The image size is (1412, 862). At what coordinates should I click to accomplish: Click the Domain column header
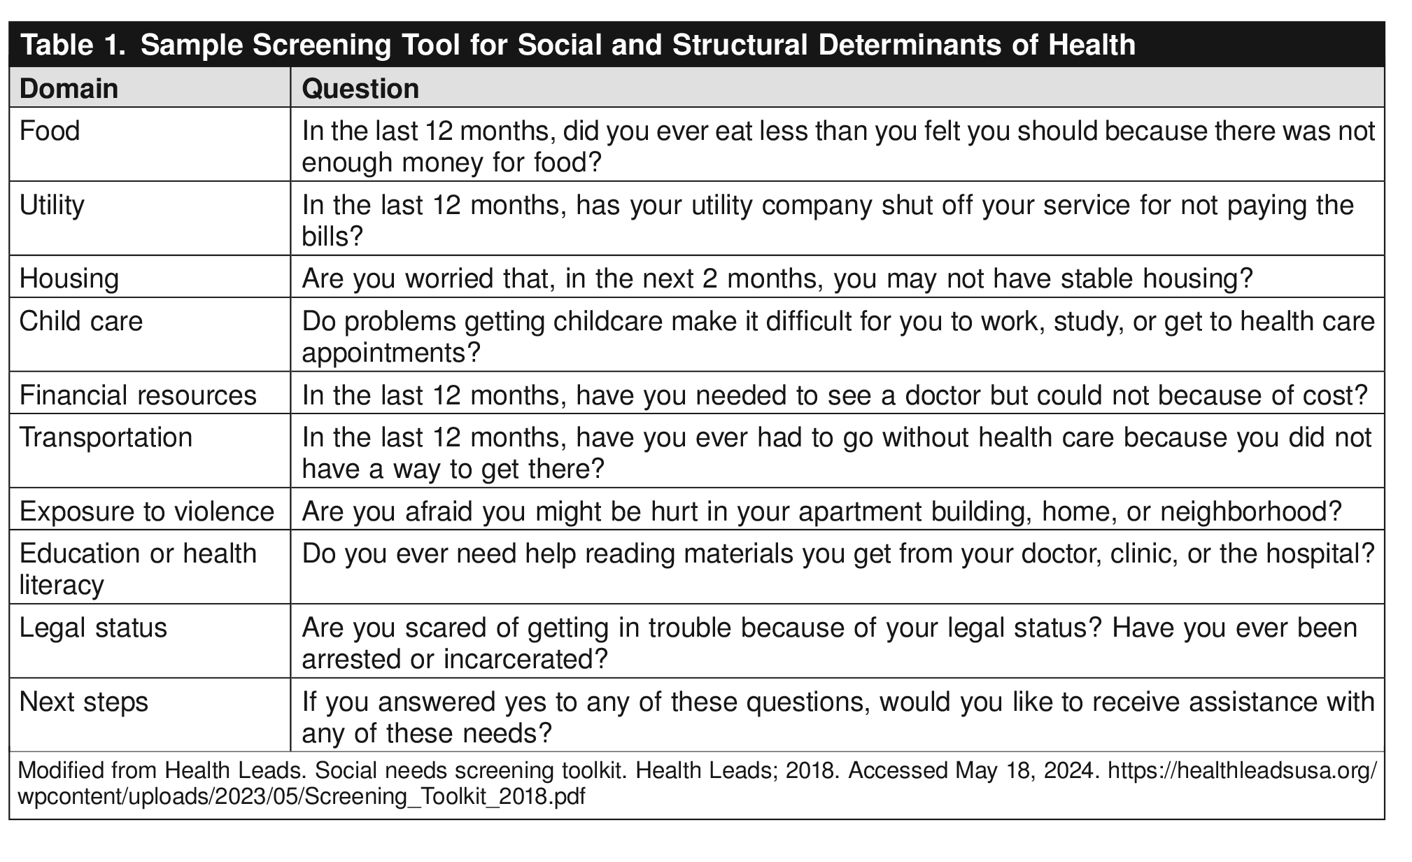[x=69, y=89]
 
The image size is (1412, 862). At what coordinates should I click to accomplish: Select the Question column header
[x=360, y=89]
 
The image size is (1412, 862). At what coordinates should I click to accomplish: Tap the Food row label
[x=50, y=131]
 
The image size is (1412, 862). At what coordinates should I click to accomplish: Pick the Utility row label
[x=52, y=205]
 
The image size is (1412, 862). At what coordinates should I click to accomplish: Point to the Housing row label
[x=69, y=278]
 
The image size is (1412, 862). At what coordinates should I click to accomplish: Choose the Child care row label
[x=81, y=321]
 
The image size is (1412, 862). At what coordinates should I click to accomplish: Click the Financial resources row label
[x=138, y=395]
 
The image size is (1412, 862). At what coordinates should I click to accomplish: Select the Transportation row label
[x=106, y=437]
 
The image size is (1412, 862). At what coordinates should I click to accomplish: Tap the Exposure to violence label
[x=146, y=511]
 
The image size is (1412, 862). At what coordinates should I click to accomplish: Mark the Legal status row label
[x=93, y=628]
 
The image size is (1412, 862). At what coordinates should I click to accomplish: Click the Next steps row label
[x=84, y=702]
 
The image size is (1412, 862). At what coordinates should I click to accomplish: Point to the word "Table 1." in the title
[x=74, y=45]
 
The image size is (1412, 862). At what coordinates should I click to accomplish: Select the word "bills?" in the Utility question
[x=332, y=236]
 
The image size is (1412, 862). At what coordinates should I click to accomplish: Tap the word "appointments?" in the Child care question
[x=391, y=353]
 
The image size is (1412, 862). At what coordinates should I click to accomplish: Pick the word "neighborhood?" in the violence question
[x=1250, y=511]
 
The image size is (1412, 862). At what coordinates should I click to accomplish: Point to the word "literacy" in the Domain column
[x=62, y=585]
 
